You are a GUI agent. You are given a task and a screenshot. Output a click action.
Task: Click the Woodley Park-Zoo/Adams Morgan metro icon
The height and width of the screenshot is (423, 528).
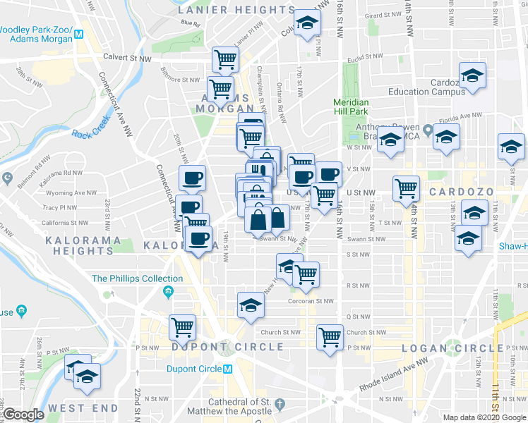pos(80,33)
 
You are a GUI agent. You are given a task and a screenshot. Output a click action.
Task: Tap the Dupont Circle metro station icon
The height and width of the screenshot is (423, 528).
pos(227,369)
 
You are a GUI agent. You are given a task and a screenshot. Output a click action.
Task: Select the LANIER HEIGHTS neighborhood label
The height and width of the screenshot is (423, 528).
pos(236,11)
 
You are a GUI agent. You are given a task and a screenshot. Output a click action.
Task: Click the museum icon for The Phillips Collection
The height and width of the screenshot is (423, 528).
pos(168,292)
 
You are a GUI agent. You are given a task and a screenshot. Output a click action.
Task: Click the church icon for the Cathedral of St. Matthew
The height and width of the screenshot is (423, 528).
pos(281,405)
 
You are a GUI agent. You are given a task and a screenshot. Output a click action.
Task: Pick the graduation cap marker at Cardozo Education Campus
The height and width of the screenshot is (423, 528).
pos(472,74)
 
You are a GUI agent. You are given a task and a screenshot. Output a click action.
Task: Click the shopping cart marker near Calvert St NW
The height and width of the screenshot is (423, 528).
pos(225,60)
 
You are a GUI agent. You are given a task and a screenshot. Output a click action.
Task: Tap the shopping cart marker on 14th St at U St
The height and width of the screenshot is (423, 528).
pos(406,188)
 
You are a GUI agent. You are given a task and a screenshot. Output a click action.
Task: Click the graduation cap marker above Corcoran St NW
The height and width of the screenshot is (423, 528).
pos(250,304)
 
